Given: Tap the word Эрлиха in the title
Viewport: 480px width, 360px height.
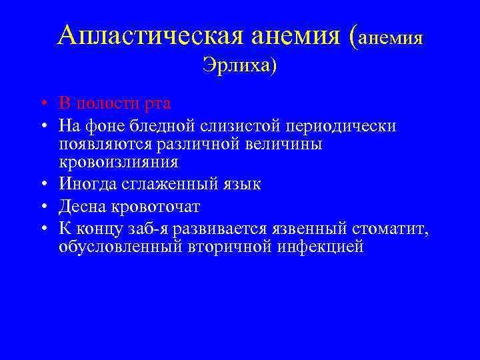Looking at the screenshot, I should [235, 67].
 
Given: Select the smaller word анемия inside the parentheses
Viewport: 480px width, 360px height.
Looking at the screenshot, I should [391, 37].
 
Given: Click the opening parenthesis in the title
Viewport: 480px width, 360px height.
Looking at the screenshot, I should [353, 36].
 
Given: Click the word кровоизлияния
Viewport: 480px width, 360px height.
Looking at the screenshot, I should [118, 162].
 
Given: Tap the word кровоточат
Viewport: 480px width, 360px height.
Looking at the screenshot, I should [153, 206].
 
